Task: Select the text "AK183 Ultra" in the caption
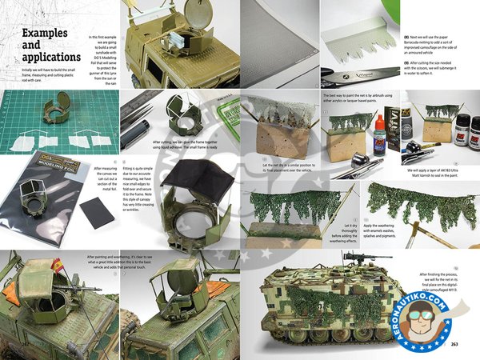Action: pyautogui.click(x=436, y=170)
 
